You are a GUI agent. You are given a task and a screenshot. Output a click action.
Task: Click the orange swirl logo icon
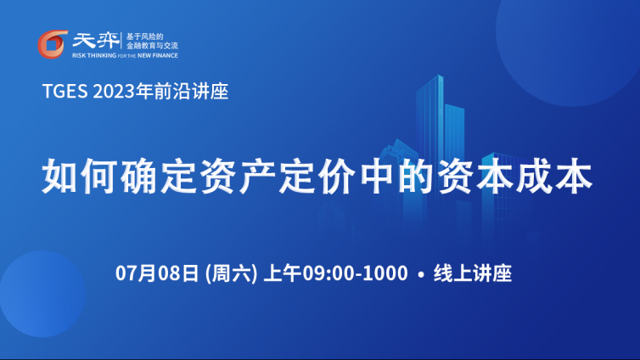tap(53, 44)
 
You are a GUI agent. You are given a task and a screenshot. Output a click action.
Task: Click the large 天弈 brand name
tap(96, 41)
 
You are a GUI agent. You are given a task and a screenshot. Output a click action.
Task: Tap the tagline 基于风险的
tap(145, 37)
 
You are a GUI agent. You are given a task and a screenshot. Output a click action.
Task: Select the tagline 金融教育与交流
tap(152, 46)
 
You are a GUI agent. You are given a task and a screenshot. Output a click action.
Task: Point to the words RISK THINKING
tap(94, 55)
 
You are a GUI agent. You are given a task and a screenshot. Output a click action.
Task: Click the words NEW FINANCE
tap(158, 55)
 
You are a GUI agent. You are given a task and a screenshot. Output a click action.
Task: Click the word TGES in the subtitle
tap(65, 92)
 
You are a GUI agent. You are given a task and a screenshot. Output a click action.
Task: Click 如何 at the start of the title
tap(80, 177)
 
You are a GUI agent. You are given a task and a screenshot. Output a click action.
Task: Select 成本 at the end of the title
tap(554, 177)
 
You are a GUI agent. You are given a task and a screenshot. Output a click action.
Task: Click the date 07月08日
tap(157, 273)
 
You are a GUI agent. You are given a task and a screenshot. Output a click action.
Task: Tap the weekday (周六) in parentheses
tap(231, 273)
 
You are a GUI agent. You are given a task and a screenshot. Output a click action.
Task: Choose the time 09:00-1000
tap(355, 273)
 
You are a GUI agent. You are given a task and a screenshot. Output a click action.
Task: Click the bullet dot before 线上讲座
tap(421, 274)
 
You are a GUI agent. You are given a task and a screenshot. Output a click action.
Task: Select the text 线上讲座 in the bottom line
tap(473, 273)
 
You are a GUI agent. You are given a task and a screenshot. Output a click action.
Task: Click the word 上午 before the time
tap(283, 273)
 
